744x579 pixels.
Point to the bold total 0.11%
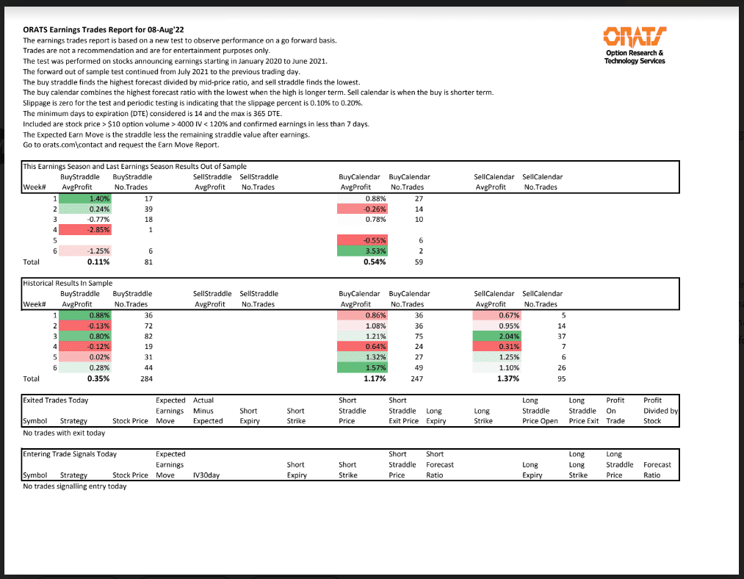tap(98, 262)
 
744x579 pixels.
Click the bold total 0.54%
tap(375, 262)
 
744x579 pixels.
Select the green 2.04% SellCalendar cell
tap(498, 337)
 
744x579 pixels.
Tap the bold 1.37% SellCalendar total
tap(508, 379)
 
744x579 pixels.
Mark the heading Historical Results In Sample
tap(68, 283)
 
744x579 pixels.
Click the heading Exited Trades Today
tap(56, 400)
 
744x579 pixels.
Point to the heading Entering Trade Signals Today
tap(70, 454)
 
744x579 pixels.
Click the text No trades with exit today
tap(64, 433)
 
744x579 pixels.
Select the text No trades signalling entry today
tap(74, 486)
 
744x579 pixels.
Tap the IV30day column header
tap(206, 475)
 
